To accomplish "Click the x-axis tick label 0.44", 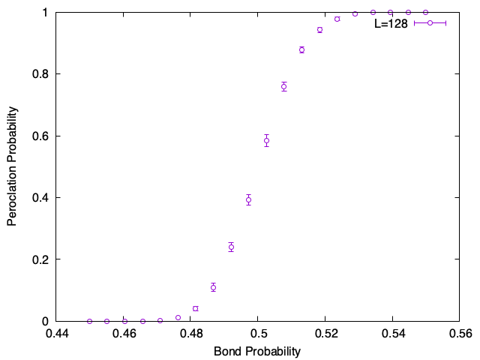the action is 57,333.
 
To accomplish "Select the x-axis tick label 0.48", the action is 192,333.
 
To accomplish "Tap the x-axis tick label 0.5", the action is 257,333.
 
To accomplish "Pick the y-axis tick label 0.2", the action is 40,259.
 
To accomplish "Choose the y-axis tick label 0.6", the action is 40,136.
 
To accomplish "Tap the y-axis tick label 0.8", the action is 40,74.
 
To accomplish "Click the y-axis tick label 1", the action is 45,13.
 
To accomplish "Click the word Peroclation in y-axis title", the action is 12,196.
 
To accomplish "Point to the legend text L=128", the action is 391,23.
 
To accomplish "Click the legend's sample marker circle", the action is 430,23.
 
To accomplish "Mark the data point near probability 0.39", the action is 248,200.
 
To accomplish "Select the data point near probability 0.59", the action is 267,141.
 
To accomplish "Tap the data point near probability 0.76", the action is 284,87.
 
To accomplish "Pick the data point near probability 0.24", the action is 231,247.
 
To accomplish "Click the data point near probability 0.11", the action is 213,287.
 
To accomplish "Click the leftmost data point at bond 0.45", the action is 89,322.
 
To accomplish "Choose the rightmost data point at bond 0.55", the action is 425,13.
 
